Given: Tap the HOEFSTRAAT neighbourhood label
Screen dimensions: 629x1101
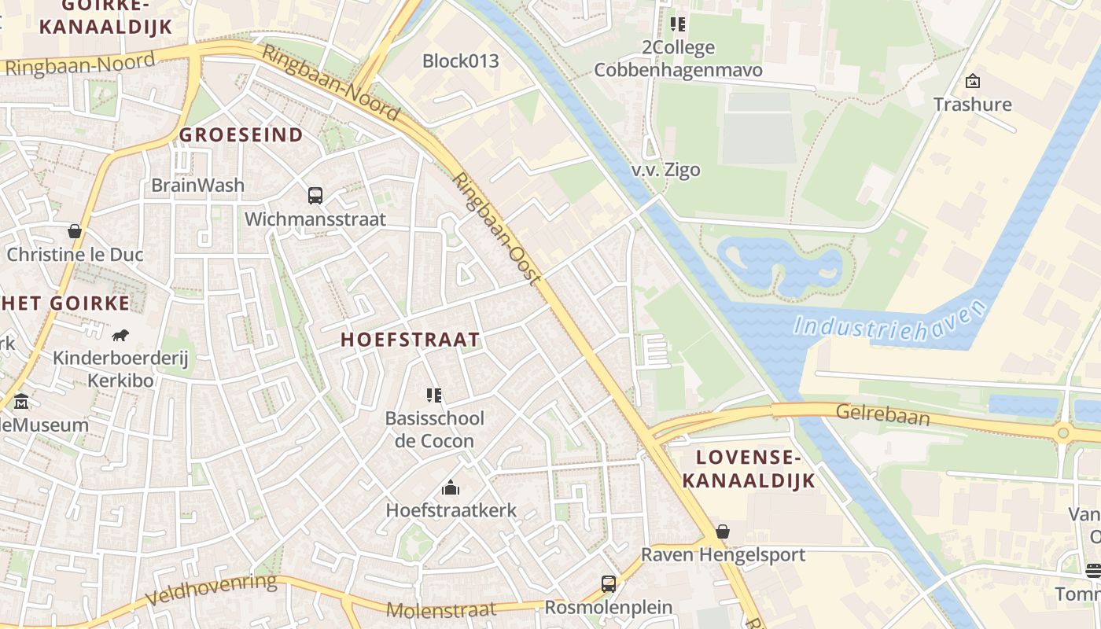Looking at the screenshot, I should click(410, 340).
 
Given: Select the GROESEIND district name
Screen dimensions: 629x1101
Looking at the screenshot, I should click(241, 134).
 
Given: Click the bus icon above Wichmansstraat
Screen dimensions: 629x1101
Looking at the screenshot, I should click(315, 195).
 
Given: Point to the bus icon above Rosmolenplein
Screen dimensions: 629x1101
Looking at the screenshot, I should click(609, 583).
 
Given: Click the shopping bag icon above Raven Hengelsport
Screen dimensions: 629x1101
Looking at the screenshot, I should click(723, 532).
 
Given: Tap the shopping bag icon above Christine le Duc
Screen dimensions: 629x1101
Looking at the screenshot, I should click(75, 231).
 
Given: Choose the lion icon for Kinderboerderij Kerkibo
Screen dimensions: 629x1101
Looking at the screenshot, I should click(120, 336).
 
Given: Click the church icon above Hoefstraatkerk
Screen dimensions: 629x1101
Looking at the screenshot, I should click(451, 488).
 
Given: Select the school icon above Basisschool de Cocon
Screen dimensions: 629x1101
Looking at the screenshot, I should click(434, 395).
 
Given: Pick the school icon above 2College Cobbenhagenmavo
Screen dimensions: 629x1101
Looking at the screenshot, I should click(678, 24).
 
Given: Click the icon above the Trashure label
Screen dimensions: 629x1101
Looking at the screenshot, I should click(973, 81).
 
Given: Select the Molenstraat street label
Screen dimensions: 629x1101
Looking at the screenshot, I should click(441, 609).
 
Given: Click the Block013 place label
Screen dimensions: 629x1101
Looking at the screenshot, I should click(460, 61).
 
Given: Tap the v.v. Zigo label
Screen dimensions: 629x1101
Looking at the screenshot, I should click(665, 170).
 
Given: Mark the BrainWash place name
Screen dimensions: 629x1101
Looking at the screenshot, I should click(197, 186).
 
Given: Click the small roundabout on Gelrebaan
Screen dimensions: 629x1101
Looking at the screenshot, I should click(1063, 432).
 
